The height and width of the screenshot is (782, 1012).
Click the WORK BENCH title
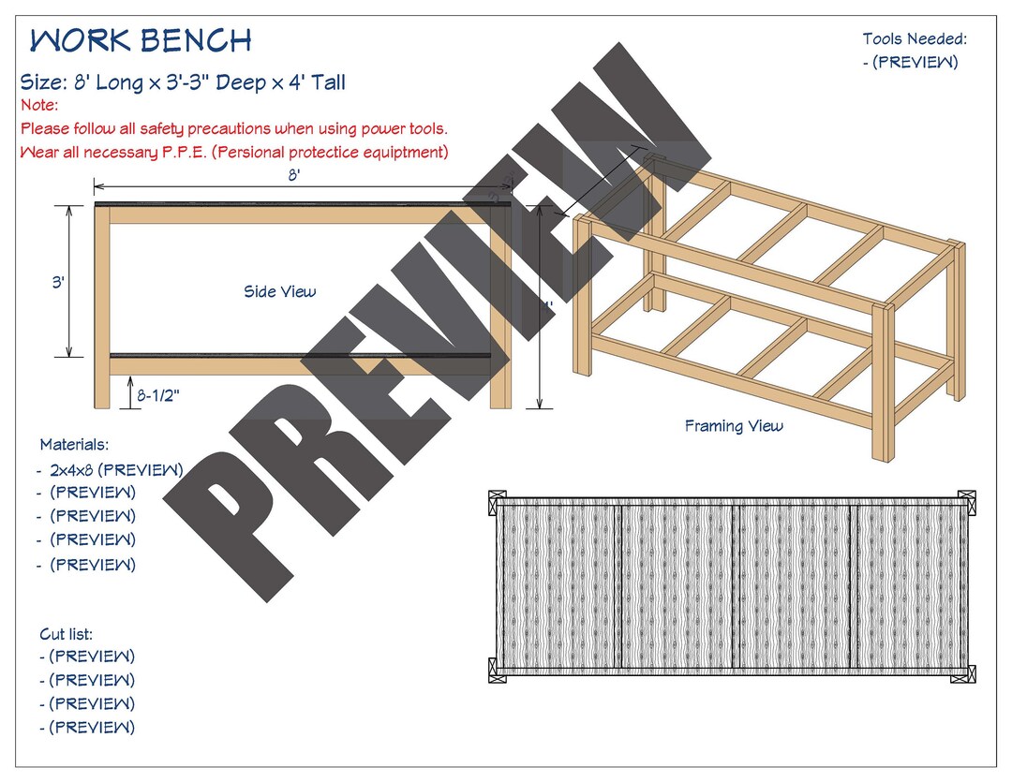coord(141,41)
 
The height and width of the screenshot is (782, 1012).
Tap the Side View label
coord(279,292)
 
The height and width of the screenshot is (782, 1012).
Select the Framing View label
coord(733,427)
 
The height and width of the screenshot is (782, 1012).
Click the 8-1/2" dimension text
coord(158,396)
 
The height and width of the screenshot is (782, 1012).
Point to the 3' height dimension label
coord(57,282)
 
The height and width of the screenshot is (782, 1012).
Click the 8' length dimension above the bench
coord(294,177)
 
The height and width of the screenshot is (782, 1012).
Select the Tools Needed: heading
coord(914,39)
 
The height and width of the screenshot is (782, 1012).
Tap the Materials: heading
coord(74,445)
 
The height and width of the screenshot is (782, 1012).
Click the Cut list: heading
coord(66,634)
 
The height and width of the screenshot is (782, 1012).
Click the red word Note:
coord(39,106)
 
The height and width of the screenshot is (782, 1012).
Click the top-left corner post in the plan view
coord(498,504)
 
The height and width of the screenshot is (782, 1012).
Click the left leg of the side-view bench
coord(102,309)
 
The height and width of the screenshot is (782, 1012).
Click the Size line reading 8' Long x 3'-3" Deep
coord(183,82)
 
